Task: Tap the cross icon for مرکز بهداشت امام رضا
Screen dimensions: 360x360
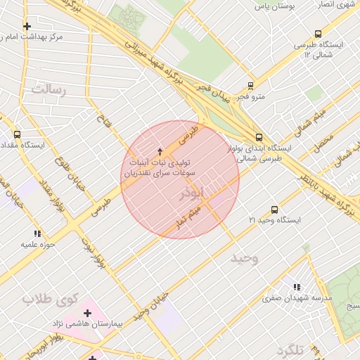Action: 27,26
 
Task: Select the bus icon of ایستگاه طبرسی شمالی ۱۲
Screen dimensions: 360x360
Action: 319,33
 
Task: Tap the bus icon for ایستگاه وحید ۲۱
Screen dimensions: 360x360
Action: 274,209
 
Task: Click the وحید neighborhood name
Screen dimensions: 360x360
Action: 245,258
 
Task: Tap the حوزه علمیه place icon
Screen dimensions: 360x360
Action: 37,233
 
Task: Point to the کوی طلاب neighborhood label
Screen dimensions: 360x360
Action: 49,299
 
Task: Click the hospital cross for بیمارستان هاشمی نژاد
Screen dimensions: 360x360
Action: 87,313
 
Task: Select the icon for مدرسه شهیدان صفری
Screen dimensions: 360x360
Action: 297,287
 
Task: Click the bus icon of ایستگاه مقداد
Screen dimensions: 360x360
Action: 17,134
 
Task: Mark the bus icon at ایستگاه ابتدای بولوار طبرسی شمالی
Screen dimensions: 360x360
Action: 259,137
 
